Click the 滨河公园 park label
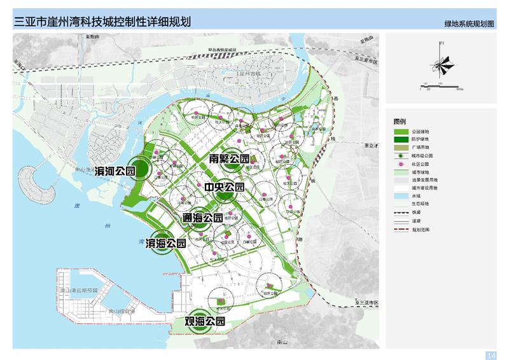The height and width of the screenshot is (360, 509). [115, 171]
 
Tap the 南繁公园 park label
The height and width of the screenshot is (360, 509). [229, 158]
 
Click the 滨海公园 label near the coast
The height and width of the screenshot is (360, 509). [166, 243]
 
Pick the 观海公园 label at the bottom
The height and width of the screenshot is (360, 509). [205, 322]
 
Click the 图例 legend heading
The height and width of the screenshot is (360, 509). [400, 121]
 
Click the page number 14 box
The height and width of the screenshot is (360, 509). [491, 354]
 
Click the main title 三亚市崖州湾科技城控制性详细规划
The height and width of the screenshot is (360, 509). [102, 22]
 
